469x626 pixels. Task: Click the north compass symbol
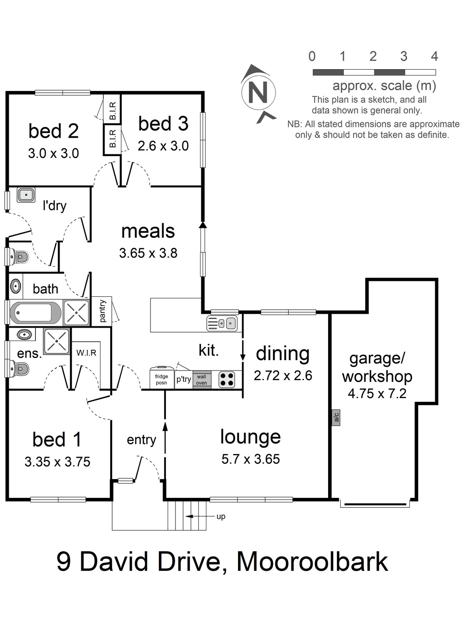[258, 93]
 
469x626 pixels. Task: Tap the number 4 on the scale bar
[434, 56]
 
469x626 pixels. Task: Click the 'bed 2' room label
[53, 131]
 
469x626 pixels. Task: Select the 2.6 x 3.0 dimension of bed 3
[163, 146]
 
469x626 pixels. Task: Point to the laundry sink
[26, 195]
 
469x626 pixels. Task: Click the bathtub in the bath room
[35, 313]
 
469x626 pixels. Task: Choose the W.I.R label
[86, 353]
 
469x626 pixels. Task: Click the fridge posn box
[161, 379]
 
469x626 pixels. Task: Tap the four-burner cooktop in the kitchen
[227, 379]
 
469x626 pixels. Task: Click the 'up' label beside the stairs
[221, 517]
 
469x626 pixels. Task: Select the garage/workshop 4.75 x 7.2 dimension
[377, 394]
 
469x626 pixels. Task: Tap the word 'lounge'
[250, 437]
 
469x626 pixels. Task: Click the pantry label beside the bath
[103, 311]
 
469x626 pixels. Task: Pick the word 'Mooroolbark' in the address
[312, 562]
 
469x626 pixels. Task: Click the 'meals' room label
[148, 231]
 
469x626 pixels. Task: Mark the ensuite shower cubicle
[57, 341]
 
